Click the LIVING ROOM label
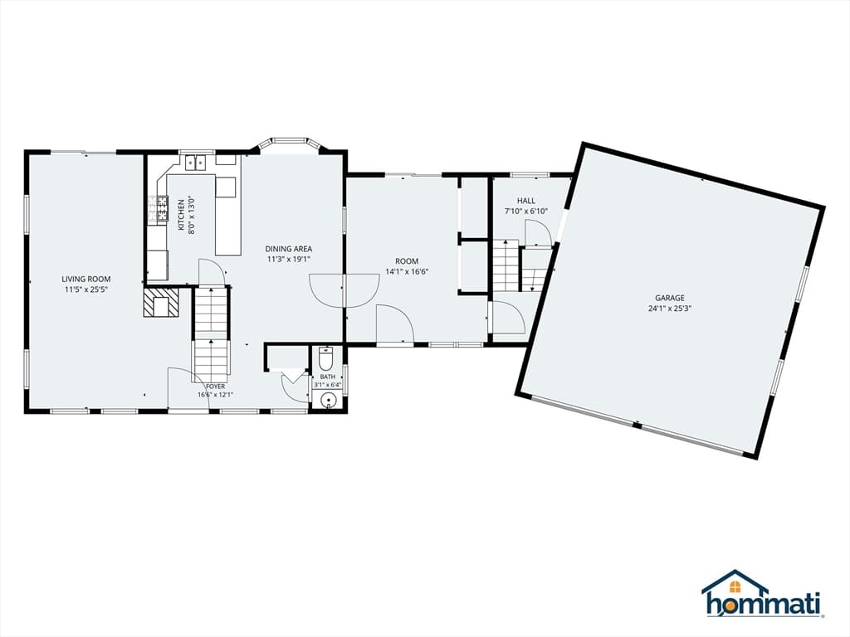86,280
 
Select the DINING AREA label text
288,249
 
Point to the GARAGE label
670,298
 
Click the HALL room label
525,201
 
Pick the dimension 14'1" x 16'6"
407,272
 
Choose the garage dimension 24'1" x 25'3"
670,309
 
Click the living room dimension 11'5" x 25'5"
86,289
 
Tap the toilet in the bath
325,357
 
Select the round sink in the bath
328,401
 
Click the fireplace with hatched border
160,302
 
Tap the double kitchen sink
196,163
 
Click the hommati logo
764,594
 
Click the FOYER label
215,387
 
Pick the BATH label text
327,377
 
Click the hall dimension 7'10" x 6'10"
525,212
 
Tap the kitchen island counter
227,216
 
